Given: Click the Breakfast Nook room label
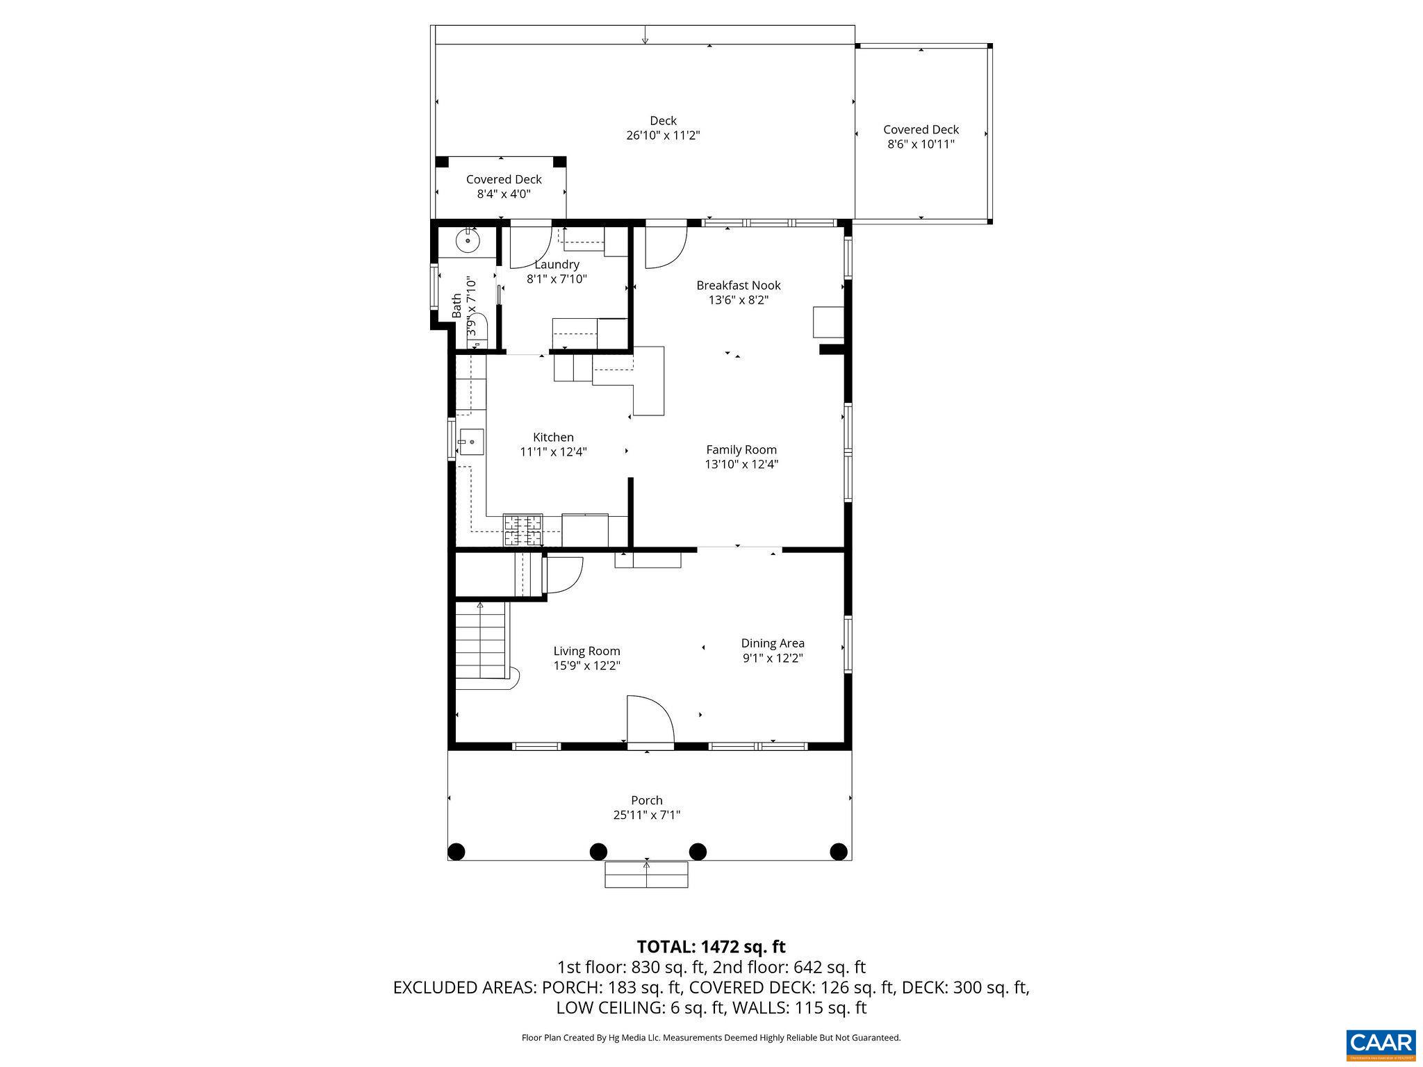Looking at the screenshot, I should [738, 286].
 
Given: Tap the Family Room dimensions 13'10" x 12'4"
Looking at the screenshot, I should [741, 465].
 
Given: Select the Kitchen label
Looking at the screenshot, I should [553, 438].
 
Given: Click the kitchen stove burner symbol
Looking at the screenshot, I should [523, 530].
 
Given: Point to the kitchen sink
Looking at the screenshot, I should [472, 442].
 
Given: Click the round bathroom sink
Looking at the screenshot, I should [468, 241].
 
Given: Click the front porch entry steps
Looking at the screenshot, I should [646, 875].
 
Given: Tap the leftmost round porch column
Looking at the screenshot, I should [456, 851].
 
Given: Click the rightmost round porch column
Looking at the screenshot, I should [839, 851].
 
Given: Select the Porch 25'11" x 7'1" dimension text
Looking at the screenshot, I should [646, 816].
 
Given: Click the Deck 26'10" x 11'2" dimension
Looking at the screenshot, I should [663, 135].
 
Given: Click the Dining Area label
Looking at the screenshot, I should [772, 643].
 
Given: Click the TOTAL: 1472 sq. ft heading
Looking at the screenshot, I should [711, 947].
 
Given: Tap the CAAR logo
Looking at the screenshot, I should [1380, 1043].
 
